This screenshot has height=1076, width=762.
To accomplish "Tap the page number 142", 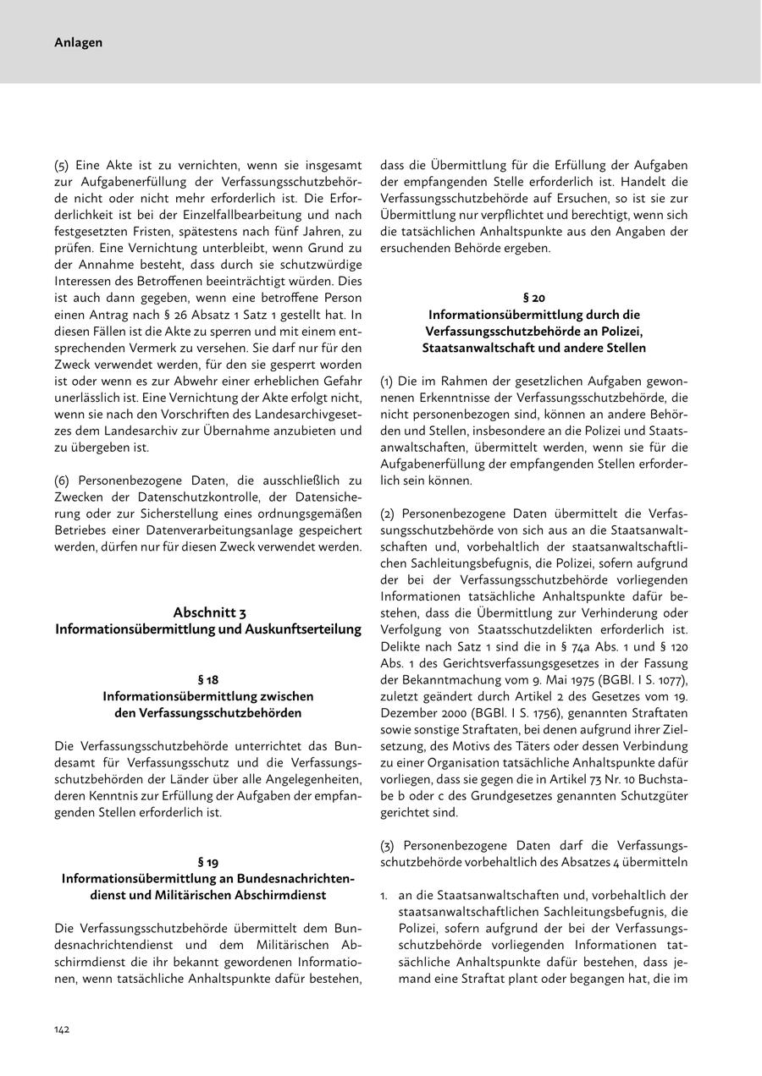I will [63, 1029].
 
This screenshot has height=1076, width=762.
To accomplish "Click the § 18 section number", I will [208, 679].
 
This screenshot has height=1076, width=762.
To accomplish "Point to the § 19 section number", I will [208, 862].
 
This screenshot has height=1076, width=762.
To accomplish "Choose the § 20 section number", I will [534, 297].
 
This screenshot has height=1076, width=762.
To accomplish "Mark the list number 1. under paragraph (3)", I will [385, 894].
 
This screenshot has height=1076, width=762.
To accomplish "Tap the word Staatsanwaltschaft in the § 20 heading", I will [477, 348].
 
